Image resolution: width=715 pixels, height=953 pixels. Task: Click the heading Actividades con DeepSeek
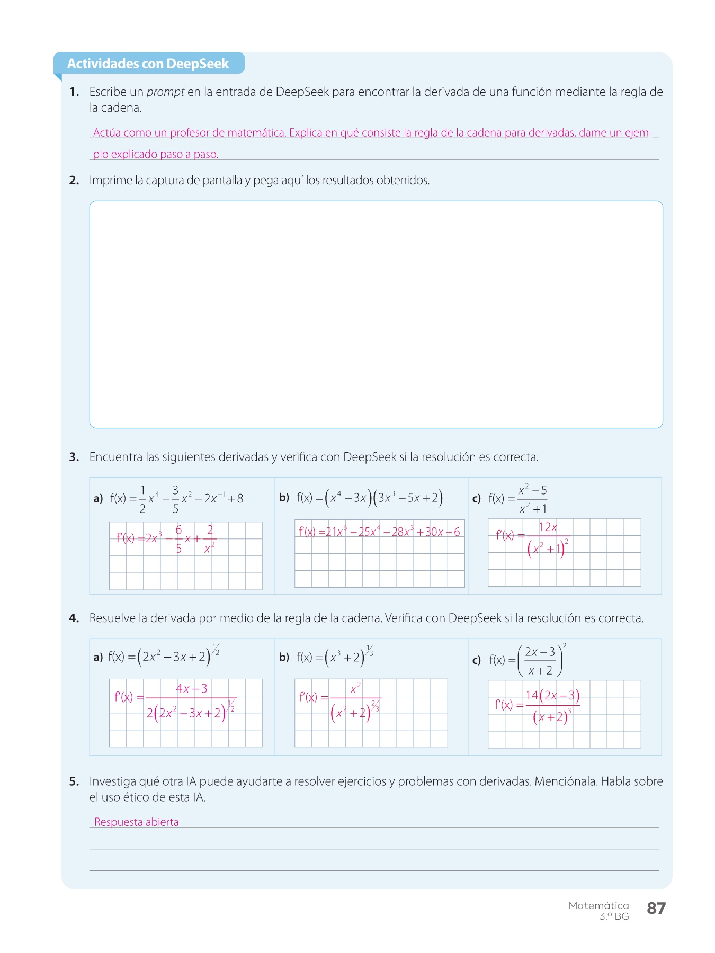(x=148, y=64)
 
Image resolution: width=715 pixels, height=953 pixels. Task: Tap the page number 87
(x=656, y=908)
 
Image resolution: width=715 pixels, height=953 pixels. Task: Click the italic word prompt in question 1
(x=165, y=92)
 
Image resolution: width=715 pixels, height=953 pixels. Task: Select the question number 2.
(x=74, y=181)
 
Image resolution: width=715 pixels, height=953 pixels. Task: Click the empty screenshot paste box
(x=376, y=314)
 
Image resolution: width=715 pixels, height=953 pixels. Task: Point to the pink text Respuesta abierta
(x=136, y=822)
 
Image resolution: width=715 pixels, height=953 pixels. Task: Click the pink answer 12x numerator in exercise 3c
(x=548, y=527)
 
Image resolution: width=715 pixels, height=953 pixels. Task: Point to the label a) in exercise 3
(x=98, y=499)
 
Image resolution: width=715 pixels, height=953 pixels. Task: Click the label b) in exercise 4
(x=284, y=658)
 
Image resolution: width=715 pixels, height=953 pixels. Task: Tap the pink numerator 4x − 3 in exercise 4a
(x=191, y=689)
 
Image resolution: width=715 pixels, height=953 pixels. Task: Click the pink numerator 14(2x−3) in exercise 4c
(x=552, y=695)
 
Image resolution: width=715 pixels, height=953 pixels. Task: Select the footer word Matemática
(x=598, y=905)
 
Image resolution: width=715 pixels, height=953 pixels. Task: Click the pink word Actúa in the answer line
(x=107, y=133)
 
